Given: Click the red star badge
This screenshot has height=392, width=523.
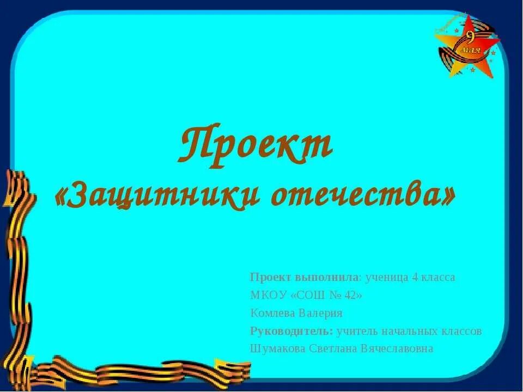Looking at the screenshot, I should (x=468, y=46).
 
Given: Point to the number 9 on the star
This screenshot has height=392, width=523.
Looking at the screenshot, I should (x=470, y=38).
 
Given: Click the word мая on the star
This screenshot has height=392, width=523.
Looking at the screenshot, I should (x=471, y=50).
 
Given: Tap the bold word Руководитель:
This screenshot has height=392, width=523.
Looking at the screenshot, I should (x=291, y=330).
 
